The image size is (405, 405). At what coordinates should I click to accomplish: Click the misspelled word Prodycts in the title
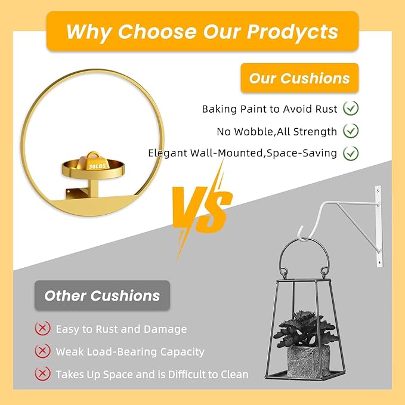(x=292, y=32)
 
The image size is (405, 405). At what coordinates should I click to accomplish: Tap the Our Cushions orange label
(x=299, y=78)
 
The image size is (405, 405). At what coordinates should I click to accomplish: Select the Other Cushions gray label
(x=102, y=295)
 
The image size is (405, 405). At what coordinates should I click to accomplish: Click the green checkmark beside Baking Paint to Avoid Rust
(x=351, y=108)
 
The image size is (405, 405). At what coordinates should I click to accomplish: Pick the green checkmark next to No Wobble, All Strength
(x=351, y=131)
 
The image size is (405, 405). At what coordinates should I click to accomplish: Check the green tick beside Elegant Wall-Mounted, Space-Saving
(x=351, y=153)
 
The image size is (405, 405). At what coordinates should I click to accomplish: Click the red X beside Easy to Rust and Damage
(x=42, y=328)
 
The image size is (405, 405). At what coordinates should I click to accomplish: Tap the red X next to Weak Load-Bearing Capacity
(x=42, y=351)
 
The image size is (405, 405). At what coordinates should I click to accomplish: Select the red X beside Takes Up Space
(x=42, y=373)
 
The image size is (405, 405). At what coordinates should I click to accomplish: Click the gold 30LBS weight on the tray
(x=92, y=162)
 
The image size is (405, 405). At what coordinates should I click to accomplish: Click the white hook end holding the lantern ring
(x=302, y=234)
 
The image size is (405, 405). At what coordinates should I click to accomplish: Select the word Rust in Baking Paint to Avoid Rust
(x=326, y=109)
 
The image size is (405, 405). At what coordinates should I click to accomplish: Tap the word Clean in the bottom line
(x=234, y=374)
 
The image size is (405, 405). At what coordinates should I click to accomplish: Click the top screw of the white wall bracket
(x=378, y=191)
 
